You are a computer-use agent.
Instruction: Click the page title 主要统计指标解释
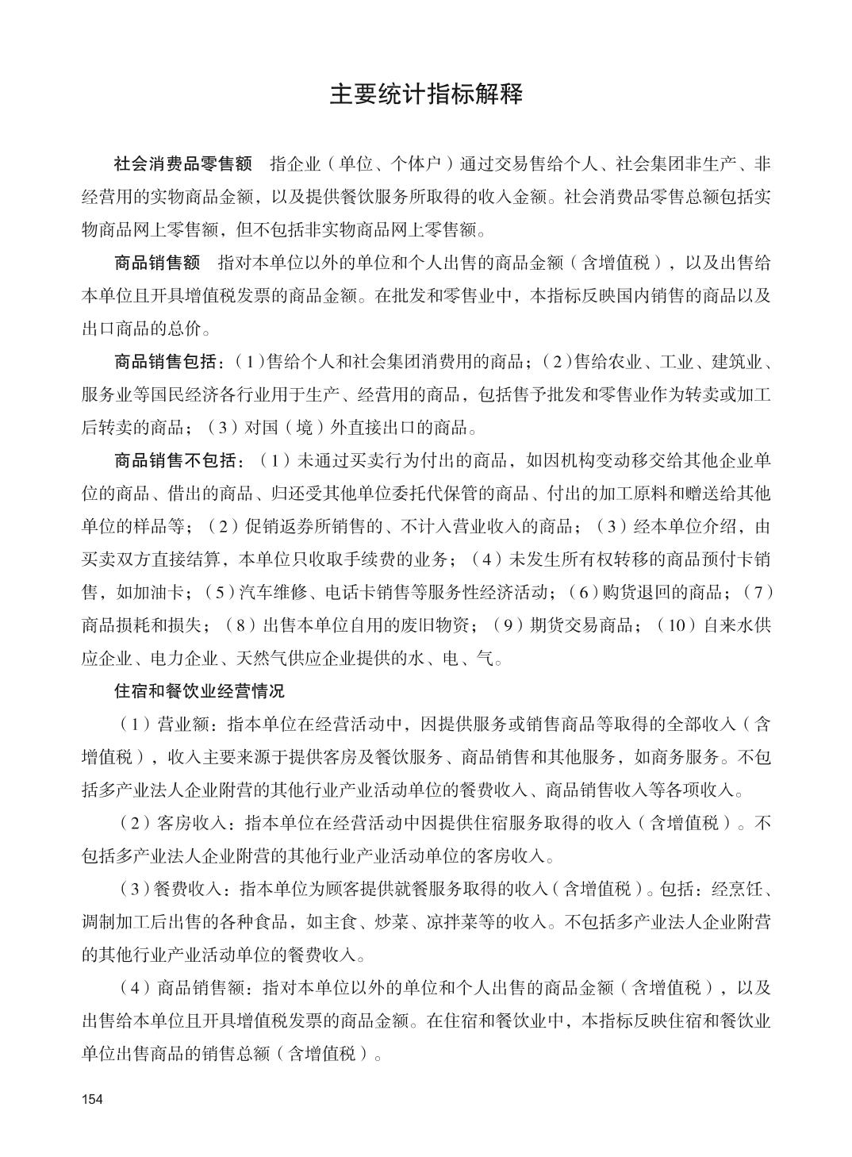[x=426, y=94]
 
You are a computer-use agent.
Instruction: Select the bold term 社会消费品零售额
[x=183, y=164]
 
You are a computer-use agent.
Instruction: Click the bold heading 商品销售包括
[x=165, y=362]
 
